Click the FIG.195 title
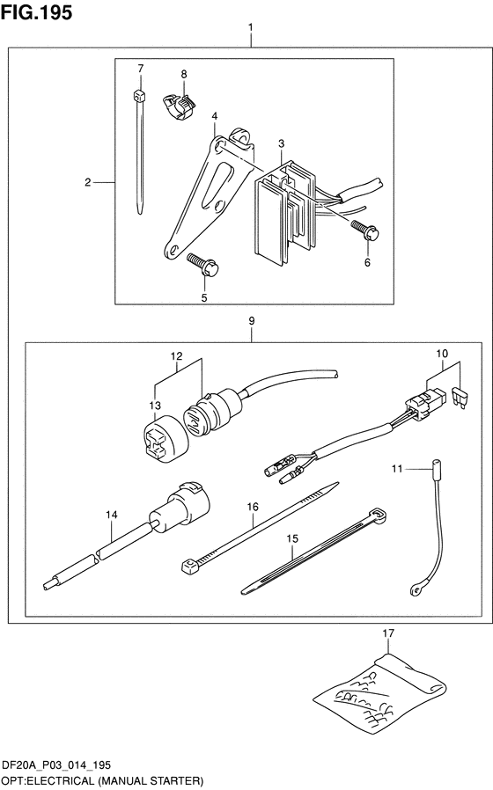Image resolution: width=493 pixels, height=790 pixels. click(x=36, y=12)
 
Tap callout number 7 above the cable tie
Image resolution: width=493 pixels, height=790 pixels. click(x=141, y=68)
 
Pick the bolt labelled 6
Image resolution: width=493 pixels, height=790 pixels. click(x=364, y=230)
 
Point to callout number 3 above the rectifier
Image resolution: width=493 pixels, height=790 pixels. click(x=282, y=143)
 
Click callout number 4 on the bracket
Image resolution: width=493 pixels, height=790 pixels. click(x=215, y=116)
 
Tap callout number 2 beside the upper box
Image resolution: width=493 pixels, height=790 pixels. click(x=88, y=182)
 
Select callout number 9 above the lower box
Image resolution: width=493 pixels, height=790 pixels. click(x=252, y=321)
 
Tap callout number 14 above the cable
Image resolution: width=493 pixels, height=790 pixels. click(x=112, y=515)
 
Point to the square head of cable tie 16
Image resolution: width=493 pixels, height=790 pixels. click(x=189, y=567)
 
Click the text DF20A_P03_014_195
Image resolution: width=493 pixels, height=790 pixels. click(x=56, y=765)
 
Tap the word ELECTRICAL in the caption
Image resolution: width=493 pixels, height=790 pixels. click(x=57, y=781)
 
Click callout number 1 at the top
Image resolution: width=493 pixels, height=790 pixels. click(x=251, y=27)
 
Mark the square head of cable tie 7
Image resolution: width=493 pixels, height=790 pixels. click(x=140, y=95)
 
